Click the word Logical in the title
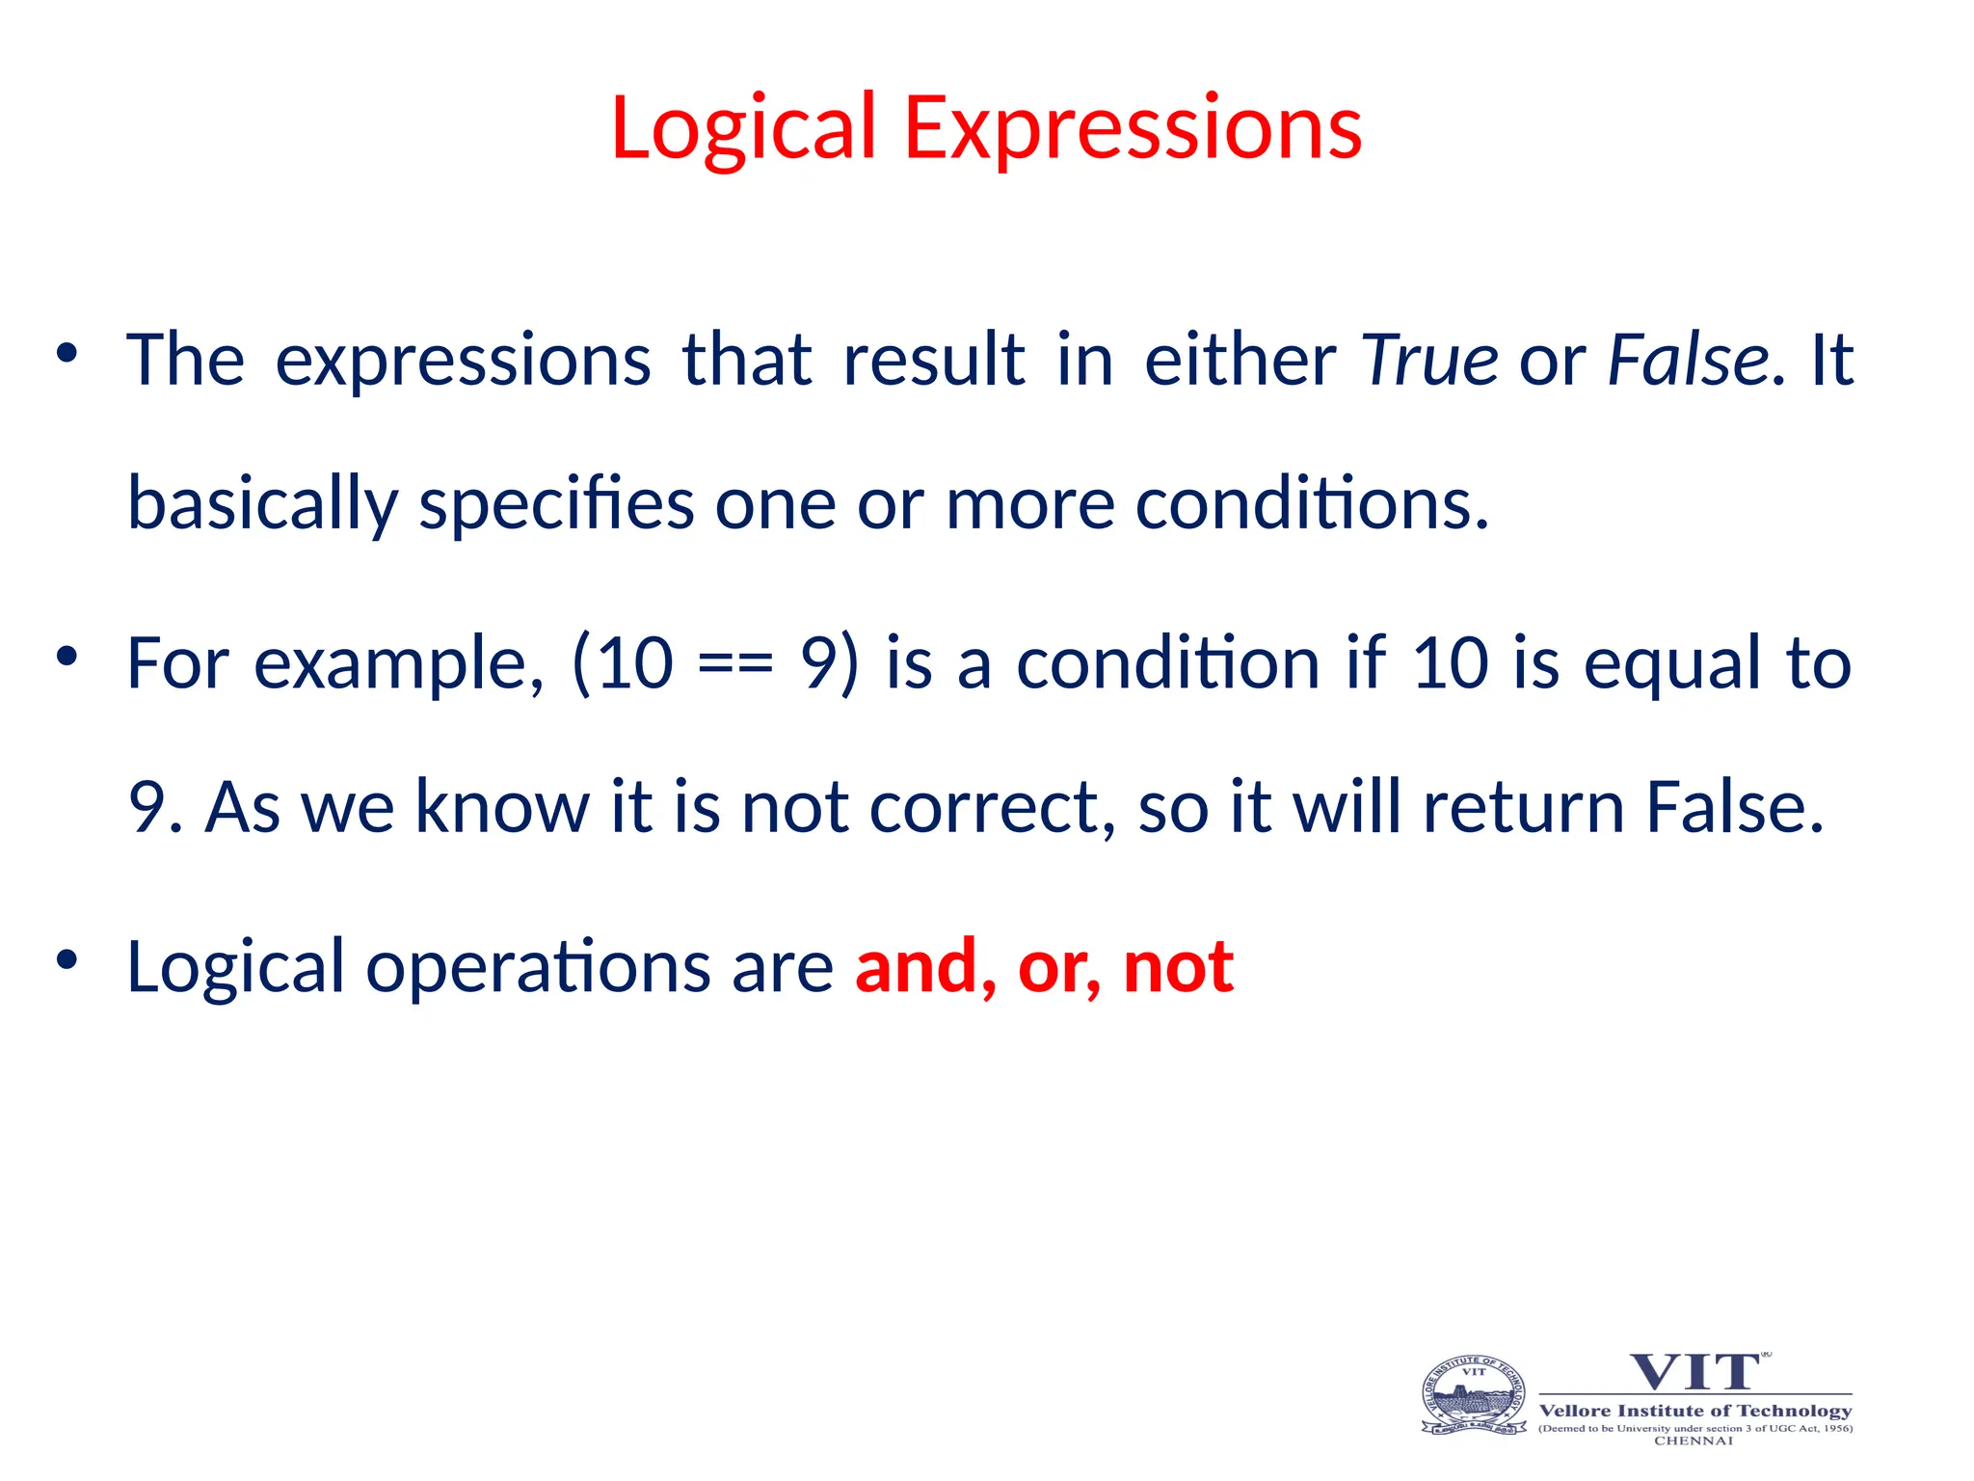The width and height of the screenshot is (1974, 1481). (x=742, y=129)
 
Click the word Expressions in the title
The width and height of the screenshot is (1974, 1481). (x=1132, y=129)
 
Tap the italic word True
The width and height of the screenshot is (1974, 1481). (x=1429, y=360)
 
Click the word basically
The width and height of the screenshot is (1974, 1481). (x=262, y=504)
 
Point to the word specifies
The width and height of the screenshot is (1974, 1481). (x=556, y=504)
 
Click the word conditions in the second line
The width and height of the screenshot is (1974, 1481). (x=1312, y=504)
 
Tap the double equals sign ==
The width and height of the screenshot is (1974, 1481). (x=735, y=665)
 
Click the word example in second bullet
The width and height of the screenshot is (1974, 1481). (x=398, y=665)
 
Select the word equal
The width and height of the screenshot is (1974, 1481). (x=1672, y=665)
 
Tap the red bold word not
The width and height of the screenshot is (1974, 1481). (x=1178, y=967)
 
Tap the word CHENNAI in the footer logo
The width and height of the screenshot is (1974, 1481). (x=1694, y=1441)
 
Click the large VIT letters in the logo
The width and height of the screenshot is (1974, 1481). (x=1694, y=1372)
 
